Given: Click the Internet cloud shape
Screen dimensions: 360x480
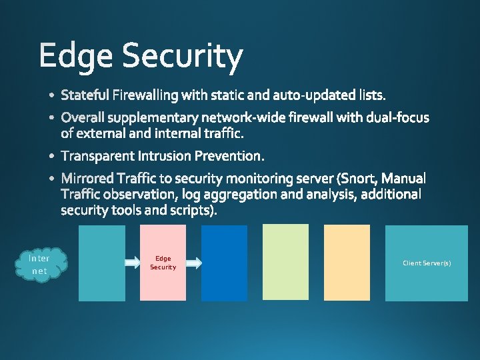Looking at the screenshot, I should coord(40,264).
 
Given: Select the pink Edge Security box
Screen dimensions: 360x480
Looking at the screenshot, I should coord(163,263).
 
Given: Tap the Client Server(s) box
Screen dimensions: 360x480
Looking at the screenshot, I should coord(427,263).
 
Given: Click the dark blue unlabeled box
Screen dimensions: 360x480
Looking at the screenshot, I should coord(224,263).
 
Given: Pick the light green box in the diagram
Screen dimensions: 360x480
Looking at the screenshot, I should coord(285,262).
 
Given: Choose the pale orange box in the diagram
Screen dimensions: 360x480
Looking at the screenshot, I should coord(347,262).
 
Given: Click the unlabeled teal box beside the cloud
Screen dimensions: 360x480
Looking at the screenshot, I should coord(102,263).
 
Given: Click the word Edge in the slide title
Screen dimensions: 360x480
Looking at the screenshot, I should coord(75,57).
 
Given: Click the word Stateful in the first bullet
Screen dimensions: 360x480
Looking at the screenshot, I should coord(85,95).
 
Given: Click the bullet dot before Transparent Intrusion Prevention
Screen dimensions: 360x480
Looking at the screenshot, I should coord(53,157).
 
